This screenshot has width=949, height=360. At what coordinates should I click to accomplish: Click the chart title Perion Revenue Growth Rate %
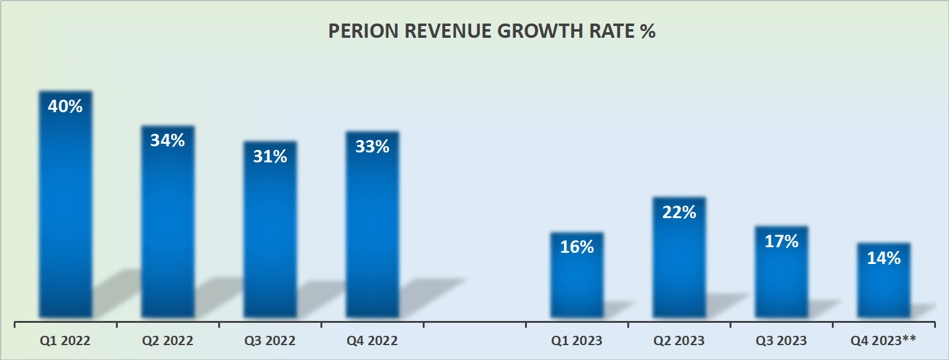tap(492, 32)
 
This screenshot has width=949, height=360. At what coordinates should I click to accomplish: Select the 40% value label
tap(65, 107)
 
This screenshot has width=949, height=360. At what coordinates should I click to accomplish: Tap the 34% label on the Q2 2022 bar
tap(167, 141)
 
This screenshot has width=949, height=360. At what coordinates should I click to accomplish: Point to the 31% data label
tap(270, 157)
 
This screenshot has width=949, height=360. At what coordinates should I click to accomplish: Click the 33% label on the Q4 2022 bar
tap(372, 147)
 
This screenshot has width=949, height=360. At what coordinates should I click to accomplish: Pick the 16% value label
tap(576, 247)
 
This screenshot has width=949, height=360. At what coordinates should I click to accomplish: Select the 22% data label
tap(679, 213)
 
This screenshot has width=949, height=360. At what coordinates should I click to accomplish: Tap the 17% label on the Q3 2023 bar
tap(781, 242)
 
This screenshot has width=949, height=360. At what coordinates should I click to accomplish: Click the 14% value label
tap(883, 258)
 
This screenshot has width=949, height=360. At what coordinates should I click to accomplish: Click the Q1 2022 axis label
tap(65, 341)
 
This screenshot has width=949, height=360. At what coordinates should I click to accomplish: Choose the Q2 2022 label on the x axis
tap(167, 341)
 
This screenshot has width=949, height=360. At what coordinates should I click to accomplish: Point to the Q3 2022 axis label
tap(270, 341)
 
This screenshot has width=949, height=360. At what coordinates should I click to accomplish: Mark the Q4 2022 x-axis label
tap(372, 341)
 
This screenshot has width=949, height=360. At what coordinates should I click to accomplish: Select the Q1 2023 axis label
tap(576, 341)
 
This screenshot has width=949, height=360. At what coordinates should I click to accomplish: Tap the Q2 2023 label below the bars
tap(679, 341)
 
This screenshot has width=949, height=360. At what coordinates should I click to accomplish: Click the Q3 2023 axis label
tap(781, 341)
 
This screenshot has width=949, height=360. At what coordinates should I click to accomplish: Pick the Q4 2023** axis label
tap(883, 340)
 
